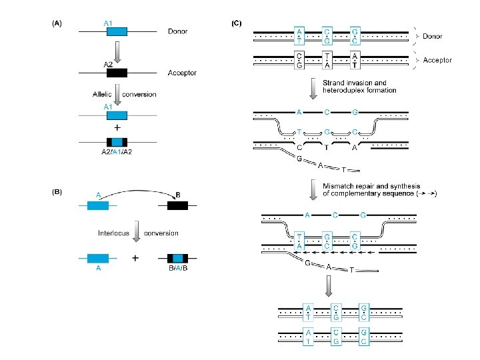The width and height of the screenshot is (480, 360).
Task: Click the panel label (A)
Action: tap(57, 23)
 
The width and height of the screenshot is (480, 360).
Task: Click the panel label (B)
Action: tap(57, 192)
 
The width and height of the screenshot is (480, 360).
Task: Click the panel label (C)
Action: tap(236, 23)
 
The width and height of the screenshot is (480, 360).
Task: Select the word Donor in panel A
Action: tap(177, 31)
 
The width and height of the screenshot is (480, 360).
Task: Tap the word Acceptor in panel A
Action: tap(182, 73)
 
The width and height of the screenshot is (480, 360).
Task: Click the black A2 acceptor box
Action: tap(117, 73)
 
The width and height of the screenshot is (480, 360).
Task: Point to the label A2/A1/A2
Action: tap(117, 152)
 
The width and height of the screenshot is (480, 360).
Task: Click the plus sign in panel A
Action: tap(117, 127)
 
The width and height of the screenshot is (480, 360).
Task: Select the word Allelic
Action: tap(102, 94)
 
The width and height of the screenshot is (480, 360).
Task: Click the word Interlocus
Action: tap(113, 233)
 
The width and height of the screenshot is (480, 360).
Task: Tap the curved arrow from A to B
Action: tap(139, 191)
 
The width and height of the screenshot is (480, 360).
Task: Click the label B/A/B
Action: tap(178, 268)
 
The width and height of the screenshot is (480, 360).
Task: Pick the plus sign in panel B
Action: tap(135, 259)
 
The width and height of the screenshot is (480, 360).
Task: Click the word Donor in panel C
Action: tap(432, 36)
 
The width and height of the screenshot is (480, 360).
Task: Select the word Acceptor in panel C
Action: tap(437, 60)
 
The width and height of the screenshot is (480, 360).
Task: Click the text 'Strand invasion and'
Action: tap(355, 83)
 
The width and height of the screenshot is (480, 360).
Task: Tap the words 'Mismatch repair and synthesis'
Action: tap(371, 186)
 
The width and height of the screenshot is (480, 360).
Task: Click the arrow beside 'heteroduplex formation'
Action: tap(313, 89)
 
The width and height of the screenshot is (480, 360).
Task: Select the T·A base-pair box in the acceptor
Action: tap(327, 60)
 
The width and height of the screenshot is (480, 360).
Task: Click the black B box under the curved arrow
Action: tap(177, 205)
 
